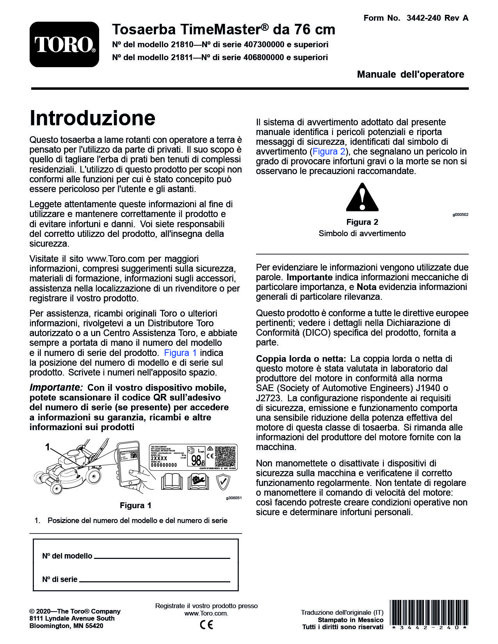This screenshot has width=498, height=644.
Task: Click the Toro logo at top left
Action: tap(64, 44)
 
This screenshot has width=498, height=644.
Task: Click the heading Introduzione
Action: tap(92, 118)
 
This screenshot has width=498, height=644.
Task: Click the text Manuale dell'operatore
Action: tap(411, 74)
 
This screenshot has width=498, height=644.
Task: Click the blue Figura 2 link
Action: tap(329, 151)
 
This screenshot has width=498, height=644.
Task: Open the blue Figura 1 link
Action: tap(180, 353)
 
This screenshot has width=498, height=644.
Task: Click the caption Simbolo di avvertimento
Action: tap(362, 233)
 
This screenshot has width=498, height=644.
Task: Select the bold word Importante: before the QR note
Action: tap(56, 388)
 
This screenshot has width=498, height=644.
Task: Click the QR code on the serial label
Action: tap(225, 456)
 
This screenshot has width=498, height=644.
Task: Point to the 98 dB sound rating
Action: tap(198, 460)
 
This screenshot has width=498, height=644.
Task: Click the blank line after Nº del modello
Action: tap(162, 558)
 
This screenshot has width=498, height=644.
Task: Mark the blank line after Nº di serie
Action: tap(155, 581)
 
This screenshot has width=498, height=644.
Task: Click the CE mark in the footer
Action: tap(206, 624)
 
